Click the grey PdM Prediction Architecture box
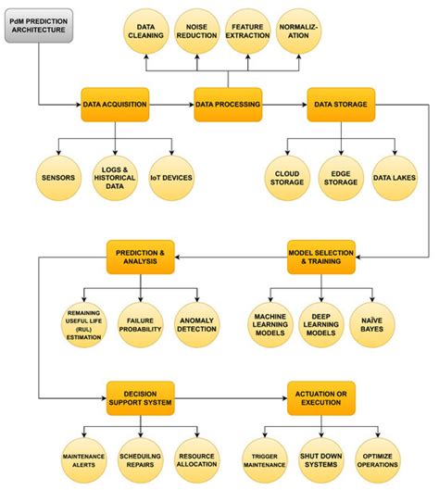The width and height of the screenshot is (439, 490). coord(39,26)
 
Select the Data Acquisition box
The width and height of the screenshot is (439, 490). coord(115,105)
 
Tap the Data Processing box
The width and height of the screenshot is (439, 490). coord(228,105)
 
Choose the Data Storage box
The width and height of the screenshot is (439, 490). coord(341,105)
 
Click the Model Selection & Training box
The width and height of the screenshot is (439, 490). coord(321,257)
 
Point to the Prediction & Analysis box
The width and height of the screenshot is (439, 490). coord(140,257)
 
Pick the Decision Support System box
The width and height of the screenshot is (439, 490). coord(140,398)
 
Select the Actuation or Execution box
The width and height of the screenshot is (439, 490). coord(321,398)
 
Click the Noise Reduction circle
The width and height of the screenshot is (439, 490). coord(197,31)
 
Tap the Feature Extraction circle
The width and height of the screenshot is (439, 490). coord(248,31)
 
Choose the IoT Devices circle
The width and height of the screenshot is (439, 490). coord(171,178)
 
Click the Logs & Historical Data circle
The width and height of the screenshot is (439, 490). coord(115,178)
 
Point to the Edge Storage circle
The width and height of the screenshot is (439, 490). coord(341,178)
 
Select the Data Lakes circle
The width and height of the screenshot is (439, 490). coord(395,178)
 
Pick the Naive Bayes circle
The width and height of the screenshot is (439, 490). coord(371,325)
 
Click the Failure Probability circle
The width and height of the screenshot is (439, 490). coord(140,325)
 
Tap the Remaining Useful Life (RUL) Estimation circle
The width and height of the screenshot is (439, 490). coord(83,325)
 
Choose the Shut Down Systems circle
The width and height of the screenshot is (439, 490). coord(321,460)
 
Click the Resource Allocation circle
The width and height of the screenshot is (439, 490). coord(197,460)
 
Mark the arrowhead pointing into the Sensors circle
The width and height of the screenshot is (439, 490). coord(58,153)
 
